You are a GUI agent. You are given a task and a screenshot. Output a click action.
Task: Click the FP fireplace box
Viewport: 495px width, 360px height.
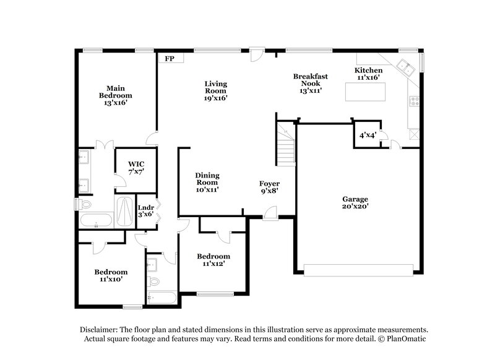pos(169,58)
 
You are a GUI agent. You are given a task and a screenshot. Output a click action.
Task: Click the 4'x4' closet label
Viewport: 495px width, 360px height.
pos(365,135)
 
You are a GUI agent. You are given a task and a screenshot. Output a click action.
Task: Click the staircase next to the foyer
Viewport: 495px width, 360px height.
pos(286,143)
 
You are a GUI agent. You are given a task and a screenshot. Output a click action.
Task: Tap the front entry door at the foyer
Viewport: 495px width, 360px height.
pos(270,213)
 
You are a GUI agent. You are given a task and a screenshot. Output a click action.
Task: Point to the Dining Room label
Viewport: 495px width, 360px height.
pos(207,182)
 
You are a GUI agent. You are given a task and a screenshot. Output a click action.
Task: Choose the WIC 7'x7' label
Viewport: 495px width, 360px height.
pos(136,168)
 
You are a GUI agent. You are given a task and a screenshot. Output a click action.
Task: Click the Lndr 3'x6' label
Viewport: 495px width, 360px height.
pos(145,211)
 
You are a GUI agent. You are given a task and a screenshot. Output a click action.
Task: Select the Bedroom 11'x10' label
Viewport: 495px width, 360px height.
pos(111,275)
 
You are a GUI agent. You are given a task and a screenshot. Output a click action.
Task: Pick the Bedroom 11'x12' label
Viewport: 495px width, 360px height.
pos(213,260)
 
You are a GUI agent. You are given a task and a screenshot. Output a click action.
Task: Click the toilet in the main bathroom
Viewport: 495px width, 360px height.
pos(86,204)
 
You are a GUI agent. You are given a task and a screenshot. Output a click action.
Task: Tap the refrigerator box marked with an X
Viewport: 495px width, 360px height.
pos(413,132)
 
